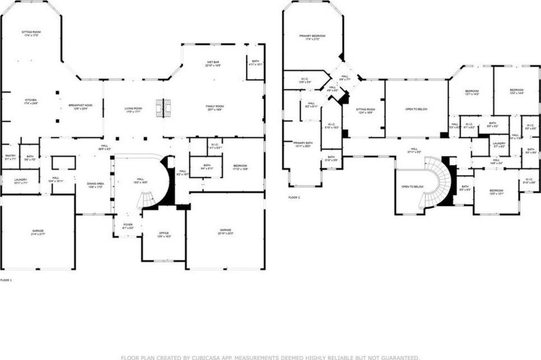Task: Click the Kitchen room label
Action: tap(31, 101)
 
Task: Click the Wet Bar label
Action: tap(214, 63)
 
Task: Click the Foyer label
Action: tap(128, 225)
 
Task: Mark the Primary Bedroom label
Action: tap(312, 37)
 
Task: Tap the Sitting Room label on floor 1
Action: tap(31, 33)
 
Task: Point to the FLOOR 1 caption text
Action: tap(6, 280)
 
